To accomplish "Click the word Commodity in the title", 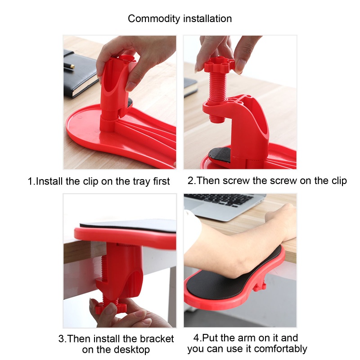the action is pyautogui.click(x=154, y=19).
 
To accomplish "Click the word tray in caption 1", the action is pyautogui.click(x=142, y=181).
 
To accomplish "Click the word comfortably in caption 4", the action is pyautogui.click(x=280, y=349).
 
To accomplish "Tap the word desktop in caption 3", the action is pyautogui.click(x=132, y=350).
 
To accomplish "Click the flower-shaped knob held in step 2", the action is pyautogui.click(x=219, y=64).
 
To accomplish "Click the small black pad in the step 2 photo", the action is pyautogui.click(x=220, y=155).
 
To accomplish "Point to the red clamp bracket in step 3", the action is pyautogui.click(x=119, y=271).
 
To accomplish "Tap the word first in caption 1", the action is pyautogui.click(x=162, y=181).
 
